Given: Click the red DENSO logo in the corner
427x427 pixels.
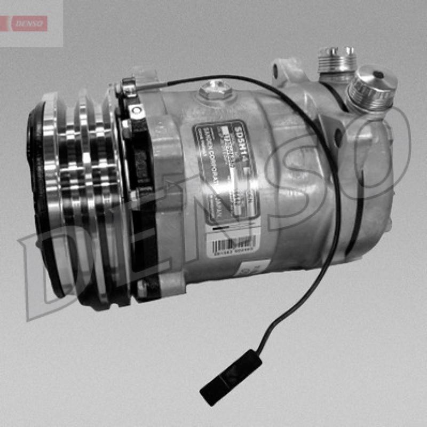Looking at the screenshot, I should [x=30, y=23].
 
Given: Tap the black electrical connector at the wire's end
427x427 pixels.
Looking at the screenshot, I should [x=231, y=377].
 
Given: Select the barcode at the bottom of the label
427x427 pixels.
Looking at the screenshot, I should [x=233, y=244].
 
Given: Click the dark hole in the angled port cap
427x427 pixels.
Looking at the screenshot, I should [x=378, y=75].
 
